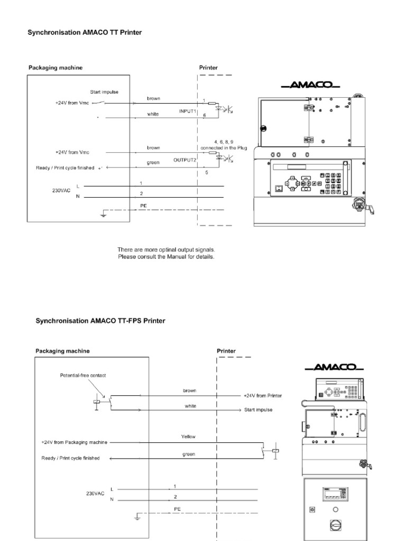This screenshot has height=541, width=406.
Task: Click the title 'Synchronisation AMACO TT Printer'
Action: click(x=85, y=32)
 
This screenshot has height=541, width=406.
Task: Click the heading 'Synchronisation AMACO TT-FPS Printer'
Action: click(x=100, y=321)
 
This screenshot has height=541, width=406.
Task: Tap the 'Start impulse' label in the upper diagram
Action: click(x=104, y=92)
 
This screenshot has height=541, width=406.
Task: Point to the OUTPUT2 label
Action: click(x=184, y=160)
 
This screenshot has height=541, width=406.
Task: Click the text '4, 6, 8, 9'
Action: click(x=224, y=142)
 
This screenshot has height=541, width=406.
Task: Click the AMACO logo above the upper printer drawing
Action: click(x=311, y=85)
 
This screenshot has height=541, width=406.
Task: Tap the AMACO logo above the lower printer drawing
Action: click(x=334, y=367)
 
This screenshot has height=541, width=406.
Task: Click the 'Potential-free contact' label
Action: click(x=83, y=376)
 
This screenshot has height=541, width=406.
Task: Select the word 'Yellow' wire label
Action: click(x=188, y=437)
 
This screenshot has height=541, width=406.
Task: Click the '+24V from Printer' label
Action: click(x=263, y=396)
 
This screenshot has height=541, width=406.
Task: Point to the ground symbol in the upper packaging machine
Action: click(x=103, y=214)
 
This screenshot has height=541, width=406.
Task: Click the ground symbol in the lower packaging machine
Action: click(x=137, y=517)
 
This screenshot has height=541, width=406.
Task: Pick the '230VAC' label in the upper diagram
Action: click(x=61, y=190)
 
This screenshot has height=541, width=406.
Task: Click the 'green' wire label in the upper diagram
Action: click(x=153, y=163)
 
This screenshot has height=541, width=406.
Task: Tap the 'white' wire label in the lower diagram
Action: click(x=190, y=406)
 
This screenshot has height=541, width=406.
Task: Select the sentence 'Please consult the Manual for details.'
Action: click(x=166, y=257)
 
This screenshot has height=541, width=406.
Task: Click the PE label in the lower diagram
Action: click(x=178, y=509)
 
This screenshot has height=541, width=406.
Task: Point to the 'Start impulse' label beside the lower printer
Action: click(x=258, y=410)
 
